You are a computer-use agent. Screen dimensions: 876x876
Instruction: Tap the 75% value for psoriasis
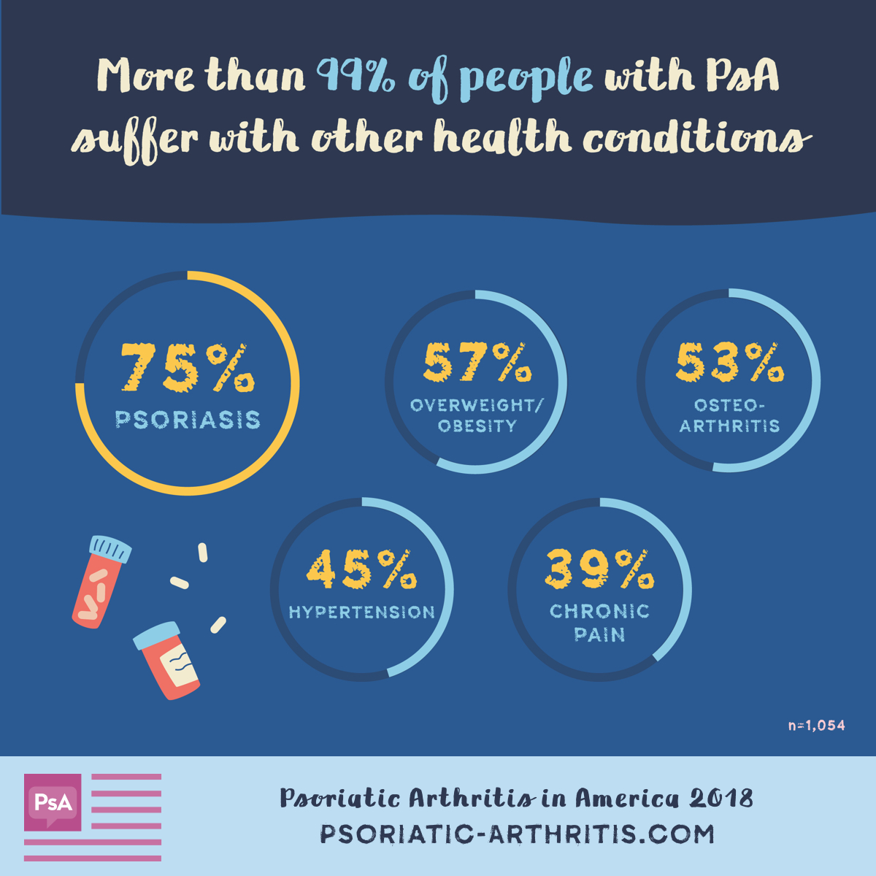188,368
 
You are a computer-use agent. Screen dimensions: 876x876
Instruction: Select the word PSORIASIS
188,420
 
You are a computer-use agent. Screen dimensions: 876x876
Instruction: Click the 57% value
477,362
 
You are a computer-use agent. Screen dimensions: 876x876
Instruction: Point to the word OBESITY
477,426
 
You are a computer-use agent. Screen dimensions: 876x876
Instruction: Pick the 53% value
729,362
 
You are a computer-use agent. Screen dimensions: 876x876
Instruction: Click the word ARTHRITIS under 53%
729,426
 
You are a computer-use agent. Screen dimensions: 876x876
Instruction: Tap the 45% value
362,569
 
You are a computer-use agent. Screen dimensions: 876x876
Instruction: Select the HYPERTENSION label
362,612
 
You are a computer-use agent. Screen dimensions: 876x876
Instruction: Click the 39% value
599,569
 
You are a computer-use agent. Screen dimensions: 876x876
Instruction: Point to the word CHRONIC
599,611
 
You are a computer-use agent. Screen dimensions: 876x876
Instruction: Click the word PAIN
599,634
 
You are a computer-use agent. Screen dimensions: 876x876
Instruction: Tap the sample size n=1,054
816,726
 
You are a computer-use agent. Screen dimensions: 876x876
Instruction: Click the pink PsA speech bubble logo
53,802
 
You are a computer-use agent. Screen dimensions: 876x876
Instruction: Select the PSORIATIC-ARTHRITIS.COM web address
517,834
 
